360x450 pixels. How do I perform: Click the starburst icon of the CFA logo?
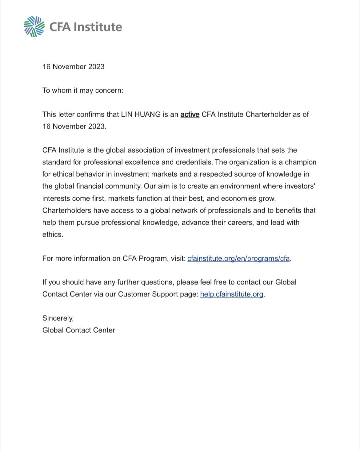click(x=34, y=26)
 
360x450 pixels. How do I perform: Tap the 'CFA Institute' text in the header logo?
click(x=86, y=27)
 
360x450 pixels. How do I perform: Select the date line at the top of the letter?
click(x=73, y=67)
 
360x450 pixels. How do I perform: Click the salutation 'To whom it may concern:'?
click(x=83, y=90)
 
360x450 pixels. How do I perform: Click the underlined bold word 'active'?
click(x=190, y=114)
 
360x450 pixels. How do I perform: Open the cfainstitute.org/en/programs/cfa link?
click(x=238, y=258)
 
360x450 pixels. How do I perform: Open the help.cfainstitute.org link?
click(x=232, y=294)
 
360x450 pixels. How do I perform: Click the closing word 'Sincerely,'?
click(x=58, y=318)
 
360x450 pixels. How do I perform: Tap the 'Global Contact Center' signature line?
click(x=79, y=330)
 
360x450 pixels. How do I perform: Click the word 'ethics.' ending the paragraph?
click(x=53, y=234)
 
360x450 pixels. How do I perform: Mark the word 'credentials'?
click(x=194, y=162)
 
